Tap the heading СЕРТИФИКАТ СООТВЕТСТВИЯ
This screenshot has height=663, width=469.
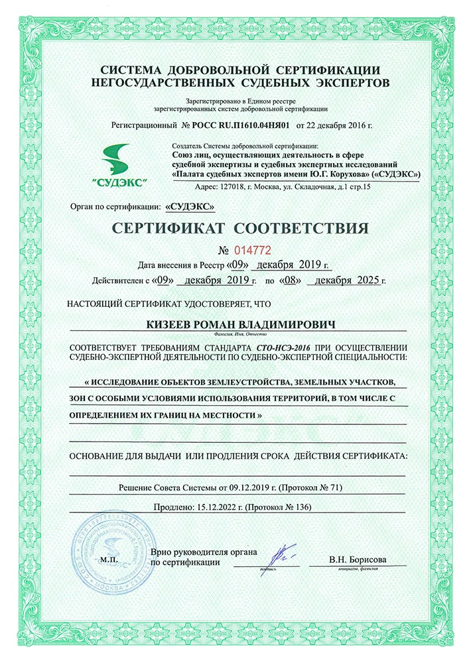[x=239, y=229]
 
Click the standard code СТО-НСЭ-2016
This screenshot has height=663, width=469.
[x=283, y=347]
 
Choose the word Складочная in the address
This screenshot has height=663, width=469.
[x=307, y=188]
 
